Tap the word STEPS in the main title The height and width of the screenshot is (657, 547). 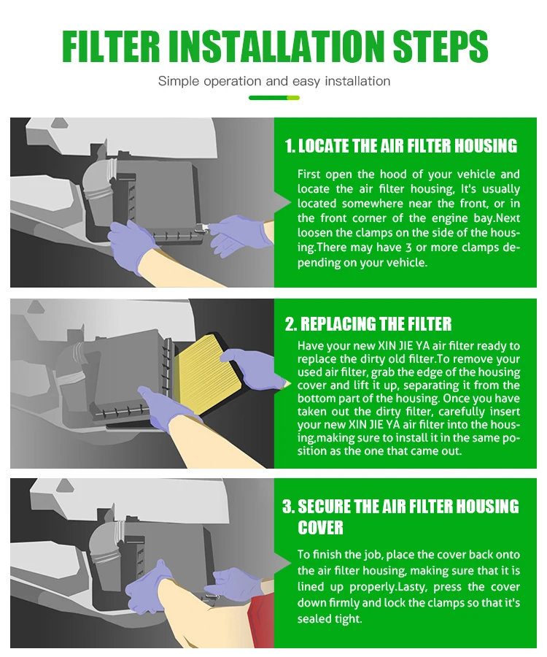441,46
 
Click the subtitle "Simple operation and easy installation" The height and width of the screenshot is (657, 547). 274,81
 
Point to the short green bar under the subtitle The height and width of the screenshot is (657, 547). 274,98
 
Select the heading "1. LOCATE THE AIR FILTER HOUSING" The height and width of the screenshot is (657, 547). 401,146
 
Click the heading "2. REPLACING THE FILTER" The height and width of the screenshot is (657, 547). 368,324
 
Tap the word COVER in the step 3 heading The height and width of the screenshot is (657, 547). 320,528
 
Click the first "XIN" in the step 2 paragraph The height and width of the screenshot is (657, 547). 387,346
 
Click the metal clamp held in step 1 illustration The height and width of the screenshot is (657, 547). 202,228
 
